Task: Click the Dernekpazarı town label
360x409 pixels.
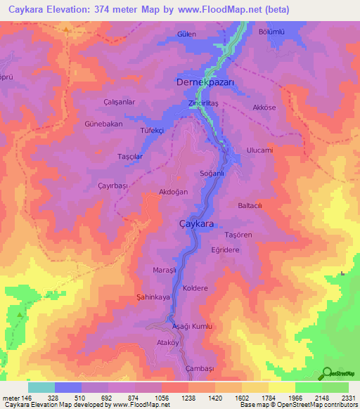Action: click(205, 82)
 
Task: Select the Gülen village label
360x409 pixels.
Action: click(186, 34)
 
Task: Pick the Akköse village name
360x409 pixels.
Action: click(264, 108)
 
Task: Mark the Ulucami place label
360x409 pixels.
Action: click(259, 150)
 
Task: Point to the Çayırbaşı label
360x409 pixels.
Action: click(112, 185)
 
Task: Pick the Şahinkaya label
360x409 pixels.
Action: click(154, 297)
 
